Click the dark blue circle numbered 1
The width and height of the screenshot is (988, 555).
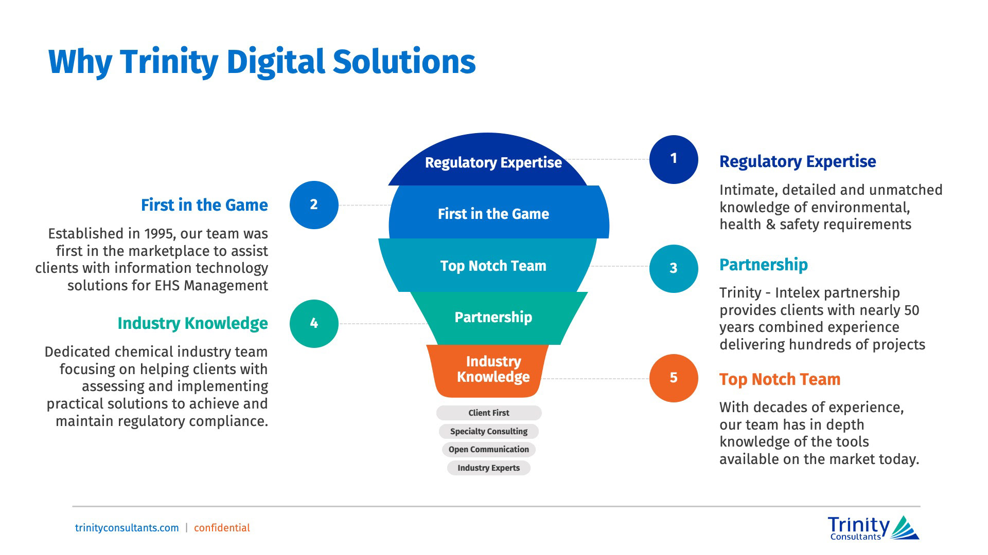[x=673, y=159]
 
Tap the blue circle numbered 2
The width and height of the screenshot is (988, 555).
[x=314, y=205]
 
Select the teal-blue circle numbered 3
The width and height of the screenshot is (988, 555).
[x=673, y=268]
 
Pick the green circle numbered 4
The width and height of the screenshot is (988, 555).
[x=314, y=324]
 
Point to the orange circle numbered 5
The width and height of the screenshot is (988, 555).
[x=673, y=378]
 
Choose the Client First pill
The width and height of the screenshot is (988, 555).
[x=489, y=413]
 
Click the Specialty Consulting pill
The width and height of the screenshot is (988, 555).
[x=489, y=432]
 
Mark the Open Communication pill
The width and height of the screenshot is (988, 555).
[x=489, y=450]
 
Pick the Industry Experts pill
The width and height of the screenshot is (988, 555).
[x=489, y=468]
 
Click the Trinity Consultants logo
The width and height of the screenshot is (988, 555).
[x=873, y=528]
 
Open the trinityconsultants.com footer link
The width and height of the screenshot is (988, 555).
[x=127, y=528]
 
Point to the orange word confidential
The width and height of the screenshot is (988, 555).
[x=222, y=528]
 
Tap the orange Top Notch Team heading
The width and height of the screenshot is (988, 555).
[x=780, y=379]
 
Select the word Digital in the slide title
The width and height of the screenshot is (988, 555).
[x=275, y=62]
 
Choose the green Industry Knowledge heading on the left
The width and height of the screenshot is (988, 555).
[x=192, y=323]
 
